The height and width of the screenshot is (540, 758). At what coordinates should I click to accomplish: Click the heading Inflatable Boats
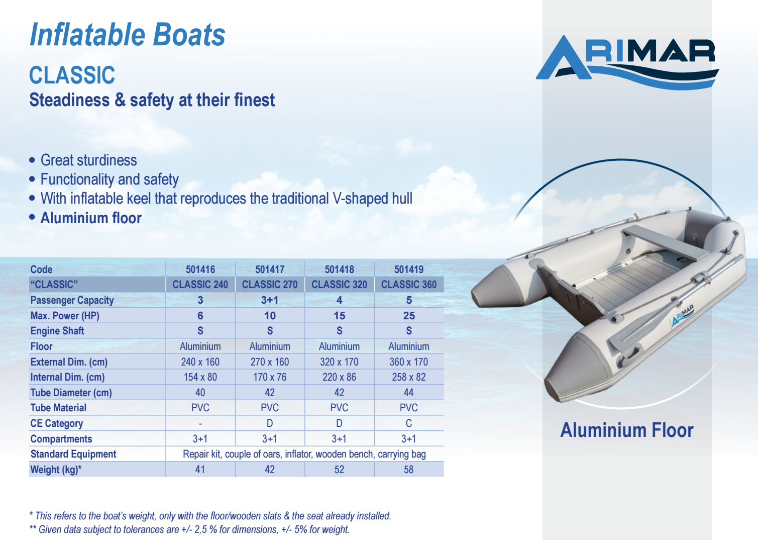(x=128, y=35)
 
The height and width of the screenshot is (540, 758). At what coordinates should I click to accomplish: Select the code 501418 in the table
(x=339, y=269)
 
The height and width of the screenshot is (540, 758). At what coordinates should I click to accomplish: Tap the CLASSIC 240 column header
(x=200, y=285)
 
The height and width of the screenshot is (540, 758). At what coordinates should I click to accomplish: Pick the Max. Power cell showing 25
(x=409, y=316)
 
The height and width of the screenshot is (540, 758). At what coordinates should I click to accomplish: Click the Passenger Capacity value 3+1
(x=270, y=300)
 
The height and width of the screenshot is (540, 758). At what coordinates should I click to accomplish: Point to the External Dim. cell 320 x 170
(x=339, y=362)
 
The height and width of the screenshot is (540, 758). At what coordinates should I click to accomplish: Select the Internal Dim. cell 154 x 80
(x=200, y=377)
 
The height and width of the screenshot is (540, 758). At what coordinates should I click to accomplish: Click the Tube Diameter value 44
(x=409, y=393)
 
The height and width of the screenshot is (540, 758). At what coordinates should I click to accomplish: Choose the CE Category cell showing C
(x=409, y=423)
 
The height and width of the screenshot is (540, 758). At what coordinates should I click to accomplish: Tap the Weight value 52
(x=339, y=470)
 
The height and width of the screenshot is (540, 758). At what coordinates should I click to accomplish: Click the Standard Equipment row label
(x=73, y=455)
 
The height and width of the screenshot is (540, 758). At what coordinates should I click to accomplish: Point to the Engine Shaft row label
(x=57, y=331)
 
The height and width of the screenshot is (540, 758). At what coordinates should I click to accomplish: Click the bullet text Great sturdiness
(x=88, y=160)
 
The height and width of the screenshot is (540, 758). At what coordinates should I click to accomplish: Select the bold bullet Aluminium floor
(x=91, y=218)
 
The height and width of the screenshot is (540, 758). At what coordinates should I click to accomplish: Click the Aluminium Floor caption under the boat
(x=627, y=430)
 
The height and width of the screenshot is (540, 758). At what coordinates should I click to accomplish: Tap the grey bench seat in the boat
(x=665, y=242)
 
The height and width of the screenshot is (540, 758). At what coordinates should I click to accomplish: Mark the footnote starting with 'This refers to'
(x=210, y=516)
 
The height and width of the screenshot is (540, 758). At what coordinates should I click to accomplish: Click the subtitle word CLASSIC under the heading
(x=72, y=75)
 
